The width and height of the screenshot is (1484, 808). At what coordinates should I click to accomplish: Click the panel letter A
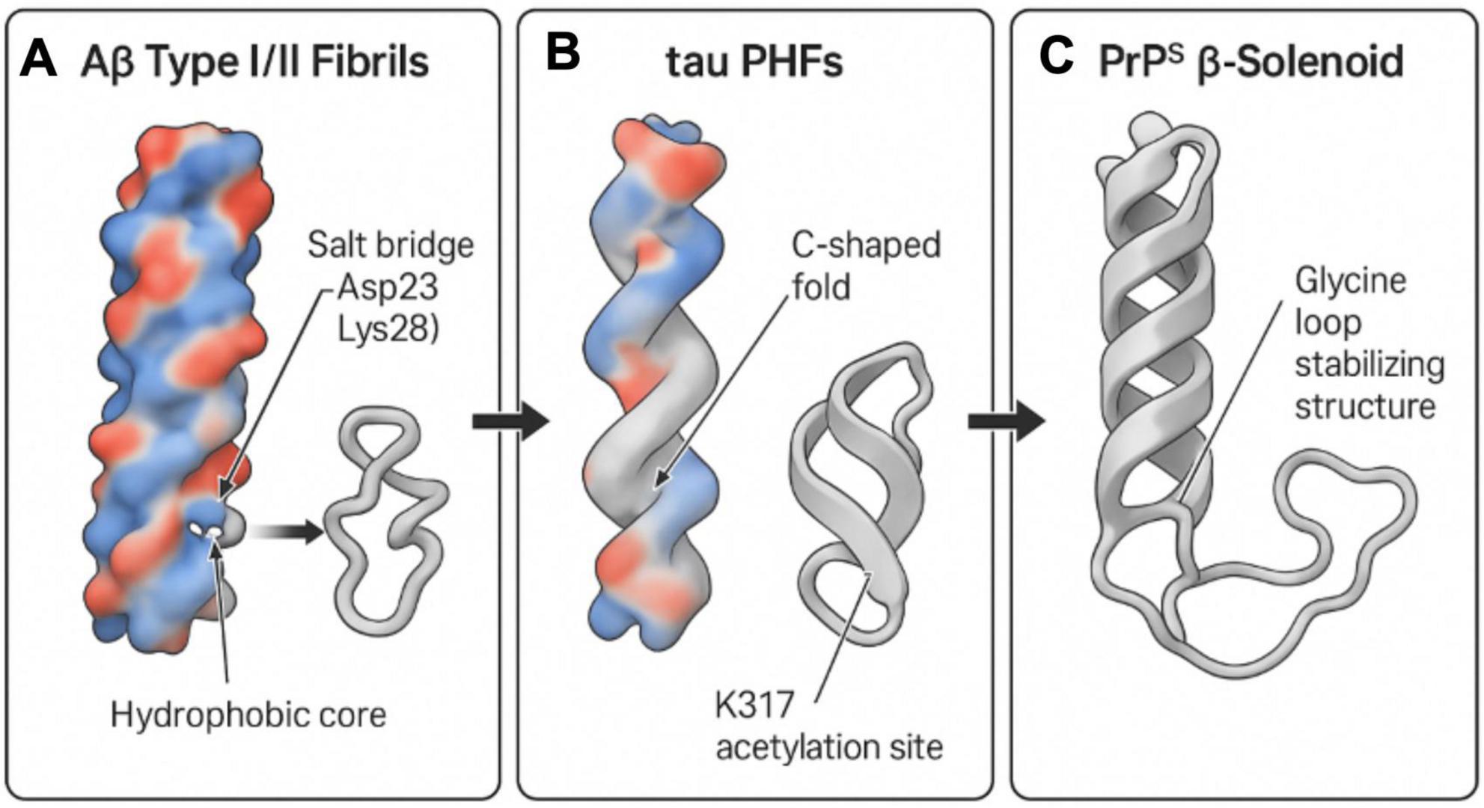coord(39,60)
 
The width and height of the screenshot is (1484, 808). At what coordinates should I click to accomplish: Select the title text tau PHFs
coord(754,61)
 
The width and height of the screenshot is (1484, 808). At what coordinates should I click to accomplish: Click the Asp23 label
coord(388,287)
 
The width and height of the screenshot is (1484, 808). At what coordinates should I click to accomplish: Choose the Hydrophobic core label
coord(248,714)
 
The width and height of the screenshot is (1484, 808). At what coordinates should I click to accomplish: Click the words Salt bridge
coord(391,245)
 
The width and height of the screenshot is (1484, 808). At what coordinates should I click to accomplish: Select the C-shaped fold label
coord(866,266)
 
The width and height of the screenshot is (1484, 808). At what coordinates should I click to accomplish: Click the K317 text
coord(754,706)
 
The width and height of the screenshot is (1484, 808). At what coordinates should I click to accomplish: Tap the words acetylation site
coord(829,747)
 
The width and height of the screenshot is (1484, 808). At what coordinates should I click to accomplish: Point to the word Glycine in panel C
coord(1351,281)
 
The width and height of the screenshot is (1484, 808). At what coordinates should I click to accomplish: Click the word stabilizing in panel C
coord(1370,365)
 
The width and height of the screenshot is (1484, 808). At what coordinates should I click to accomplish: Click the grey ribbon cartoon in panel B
coord(861,494)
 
